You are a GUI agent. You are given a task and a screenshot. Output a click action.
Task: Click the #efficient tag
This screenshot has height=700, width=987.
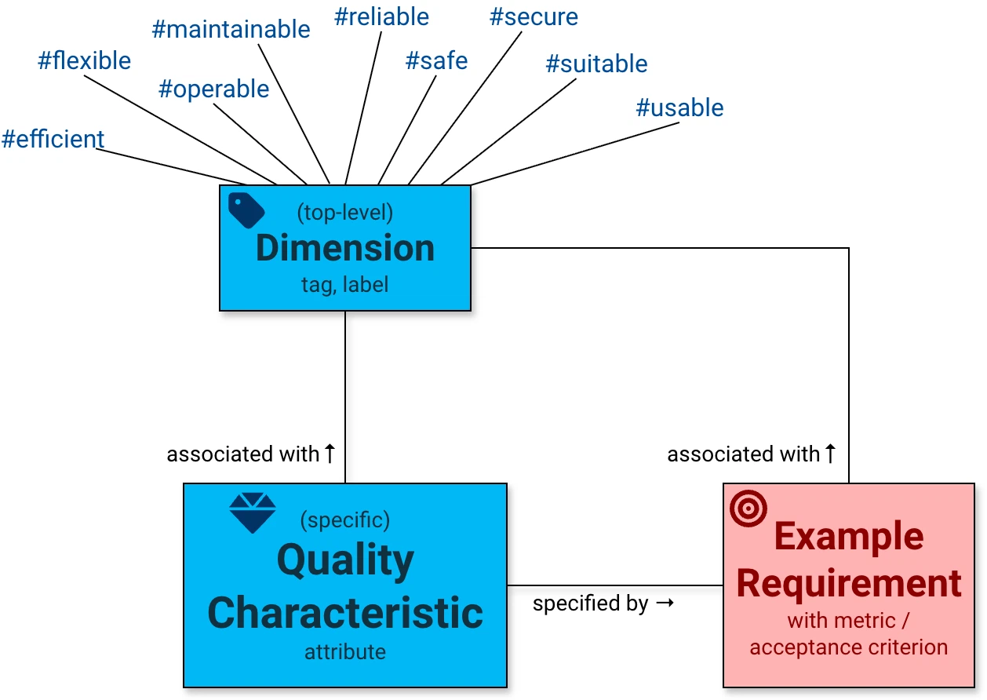(x=53, y=139)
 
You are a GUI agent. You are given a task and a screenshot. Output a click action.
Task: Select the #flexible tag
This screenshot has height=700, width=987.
(x=85, y=60)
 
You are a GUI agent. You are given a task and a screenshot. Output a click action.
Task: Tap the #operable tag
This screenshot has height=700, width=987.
(x=213, y=89)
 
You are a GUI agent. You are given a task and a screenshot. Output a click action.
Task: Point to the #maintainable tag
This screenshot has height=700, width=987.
(x=231, y=30)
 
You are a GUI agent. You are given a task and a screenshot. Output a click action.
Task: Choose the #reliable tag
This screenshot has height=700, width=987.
(x=381, y=16)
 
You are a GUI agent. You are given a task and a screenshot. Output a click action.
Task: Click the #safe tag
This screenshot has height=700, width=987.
(x=436, y=60)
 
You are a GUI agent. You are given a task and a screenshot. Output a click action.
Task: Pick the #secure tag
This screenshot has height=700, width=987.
(x=534, y=16)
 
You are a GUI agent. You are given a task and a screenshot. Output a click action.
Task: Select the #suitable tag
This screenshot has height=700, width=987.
(x=596, y=64)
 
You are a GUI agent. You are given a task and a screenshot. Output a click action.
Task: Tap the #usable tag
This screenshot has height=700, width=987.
(x=679, y=108)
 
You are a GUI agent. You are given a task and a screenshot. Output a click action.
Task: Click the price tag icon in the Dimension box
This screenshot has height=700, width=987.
(x=246, y=210)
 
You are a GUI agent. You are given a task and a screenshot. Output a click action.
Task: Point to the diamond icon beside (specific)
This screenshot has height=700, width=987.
(x=252, y=513)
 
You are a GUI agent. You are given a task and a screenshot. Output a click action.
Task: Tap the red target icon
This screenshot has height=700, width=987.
(x=748, y=508)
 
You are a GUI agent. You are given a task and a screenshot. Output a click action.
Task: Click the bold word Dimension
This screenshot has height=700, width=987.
(x=345, y=248)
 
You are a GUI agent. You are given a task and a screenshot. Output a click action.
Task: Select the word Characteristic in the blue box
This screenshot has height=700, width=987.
(x=345, y=612)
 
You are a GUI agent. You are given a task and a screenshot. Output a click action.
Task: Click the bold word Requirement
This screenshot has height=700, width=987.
(x=849, y=583)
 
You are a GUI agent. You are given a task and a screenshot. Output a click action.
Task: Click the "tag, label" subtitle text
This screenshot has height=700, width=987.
(x=345, y=284)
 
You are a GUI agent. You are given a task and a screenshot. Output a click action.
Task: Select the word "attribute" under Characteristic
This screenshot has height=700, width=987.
(x=345, y=651)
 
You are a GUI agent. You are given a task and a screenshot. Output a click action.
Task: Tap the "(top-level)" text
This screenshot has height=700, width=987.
(x=345, y=212)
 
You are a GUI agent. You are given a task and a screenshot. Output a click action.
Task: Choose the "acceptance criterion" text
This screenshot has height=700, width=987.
(x=849, y=647)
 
